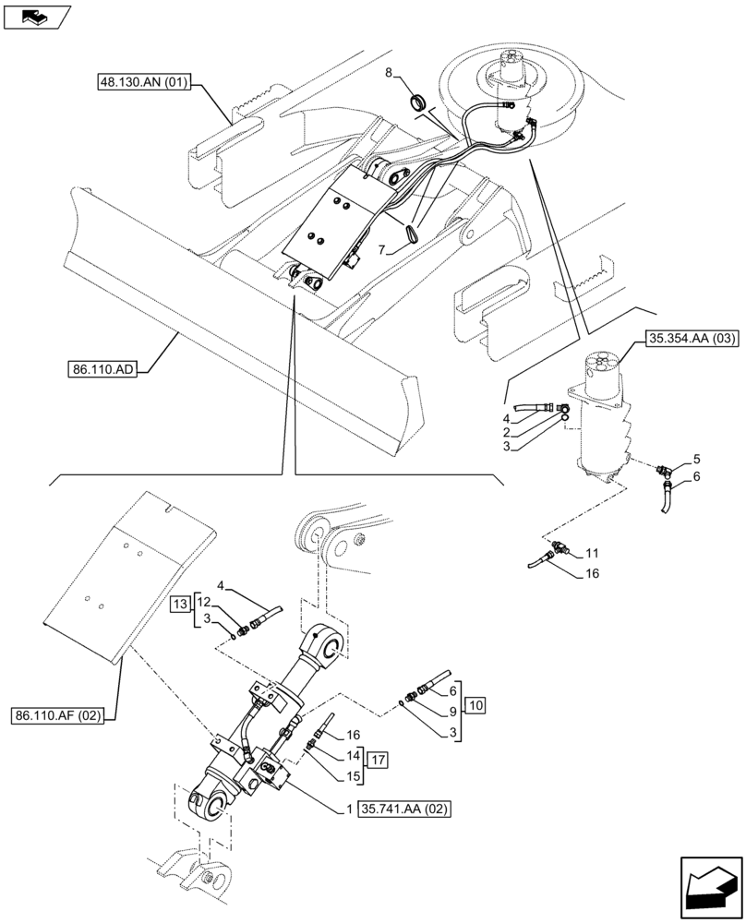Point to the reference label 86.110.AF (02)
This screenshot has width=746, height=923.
(62, 714)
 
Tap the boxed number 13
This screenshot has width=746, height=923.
(179, 605)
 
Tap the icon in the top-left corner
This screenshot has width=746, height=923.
(36, 16)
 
